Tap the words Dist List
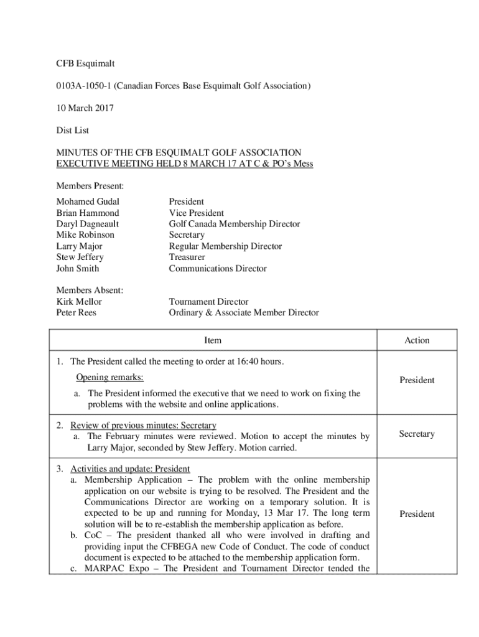click(x=73, y=131)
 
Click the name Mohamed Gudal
click(x=88, y=202)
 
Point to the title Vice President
click(x=197, y=213)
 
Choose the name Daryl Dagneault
click(x=88, y=224)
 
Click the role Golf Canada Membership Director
click(x=235, y=224)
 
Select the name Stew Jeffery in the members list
click(x=80, y=258)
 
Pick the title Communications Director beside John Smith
click(x=218, y=269)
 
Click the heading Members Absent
click(x=90, y=291)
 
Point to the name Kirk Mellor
click(x=79, y=302)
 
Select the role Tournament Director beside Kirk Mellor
click(x=208, y=302)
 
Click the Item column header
click(x=213, y=340)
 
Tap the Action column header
click(x=417, y=340)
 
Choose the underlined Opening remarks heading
click(x=109, y=378)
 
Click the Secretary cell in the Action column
click(x=417, y=434)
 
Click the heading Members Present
click(x=90, y=186)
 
